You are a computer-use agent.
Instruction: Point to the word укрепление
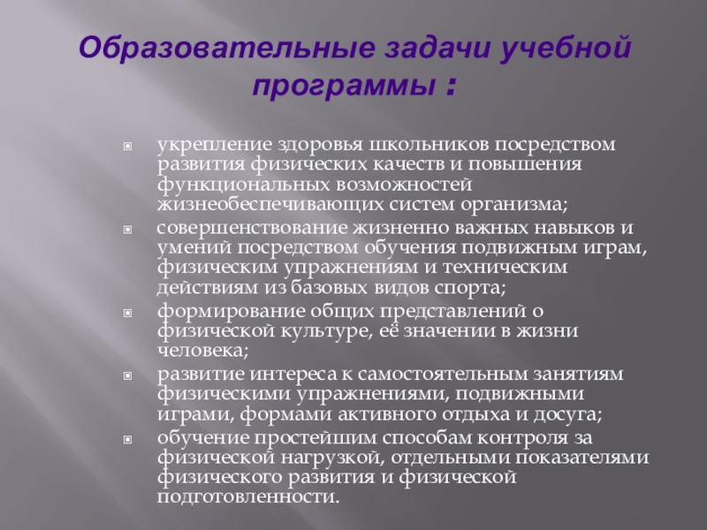205,142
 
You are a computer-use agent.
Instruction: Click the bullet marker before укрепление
129,143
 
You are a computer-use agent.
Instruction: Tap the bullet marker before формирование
129,312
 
